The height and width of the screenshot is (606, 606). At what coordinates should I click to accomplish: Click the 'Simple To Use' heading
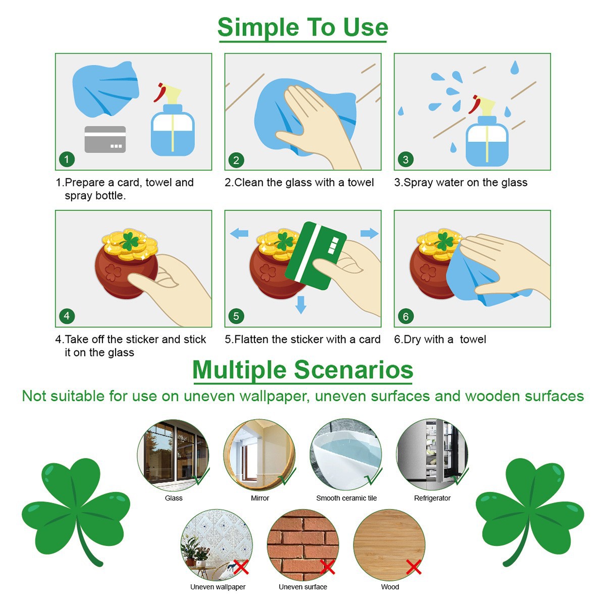click(x=302, y=28)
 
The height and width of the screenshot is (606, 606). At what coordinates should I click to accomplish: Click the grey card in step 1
click(x=105, y=139)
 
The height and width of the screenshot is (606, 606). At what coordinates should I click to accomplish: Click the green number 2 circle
click(x=236, y=160)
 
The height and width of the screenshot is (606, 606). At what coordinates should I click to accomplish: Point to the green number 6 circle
click(x=406, y=316)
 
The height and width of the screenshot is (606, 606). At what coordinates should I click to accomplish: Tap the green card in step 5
click(x=316, y=256)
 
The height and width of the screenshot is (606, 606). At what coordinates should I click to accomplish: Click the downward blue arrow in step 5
click(x=301, y=305)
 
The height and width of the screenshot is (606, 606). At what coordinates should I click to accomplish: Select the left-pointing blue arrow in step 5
click(x=239, y=233)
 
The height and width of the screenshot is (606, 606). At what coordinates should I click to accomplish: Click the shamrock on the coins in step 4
click(x=130, y=241)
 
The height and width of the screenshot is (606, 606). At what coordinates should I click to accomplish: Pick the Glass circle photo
click(x=173, y=455)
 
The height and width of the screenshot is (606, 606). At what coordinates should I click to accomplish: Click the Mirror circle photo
click(x=260, y=455)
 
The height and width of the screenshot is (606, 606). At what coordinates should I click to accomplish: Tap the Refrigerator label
click(x=432, y=498)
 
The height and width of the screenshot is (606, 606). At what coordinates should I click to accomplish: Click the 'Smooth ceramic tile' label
click(x=346, y=498)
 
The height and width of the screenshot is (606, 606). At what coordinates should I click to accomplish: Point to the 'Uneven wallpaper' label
click(x=218, y=587)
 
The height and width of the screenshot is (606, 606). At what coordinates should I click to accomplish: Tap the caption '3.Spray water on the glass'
click(x=461, y=182)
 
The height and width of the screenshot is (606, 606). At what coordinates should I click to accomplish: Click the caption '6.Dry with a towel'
click(x=440, y=339)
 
